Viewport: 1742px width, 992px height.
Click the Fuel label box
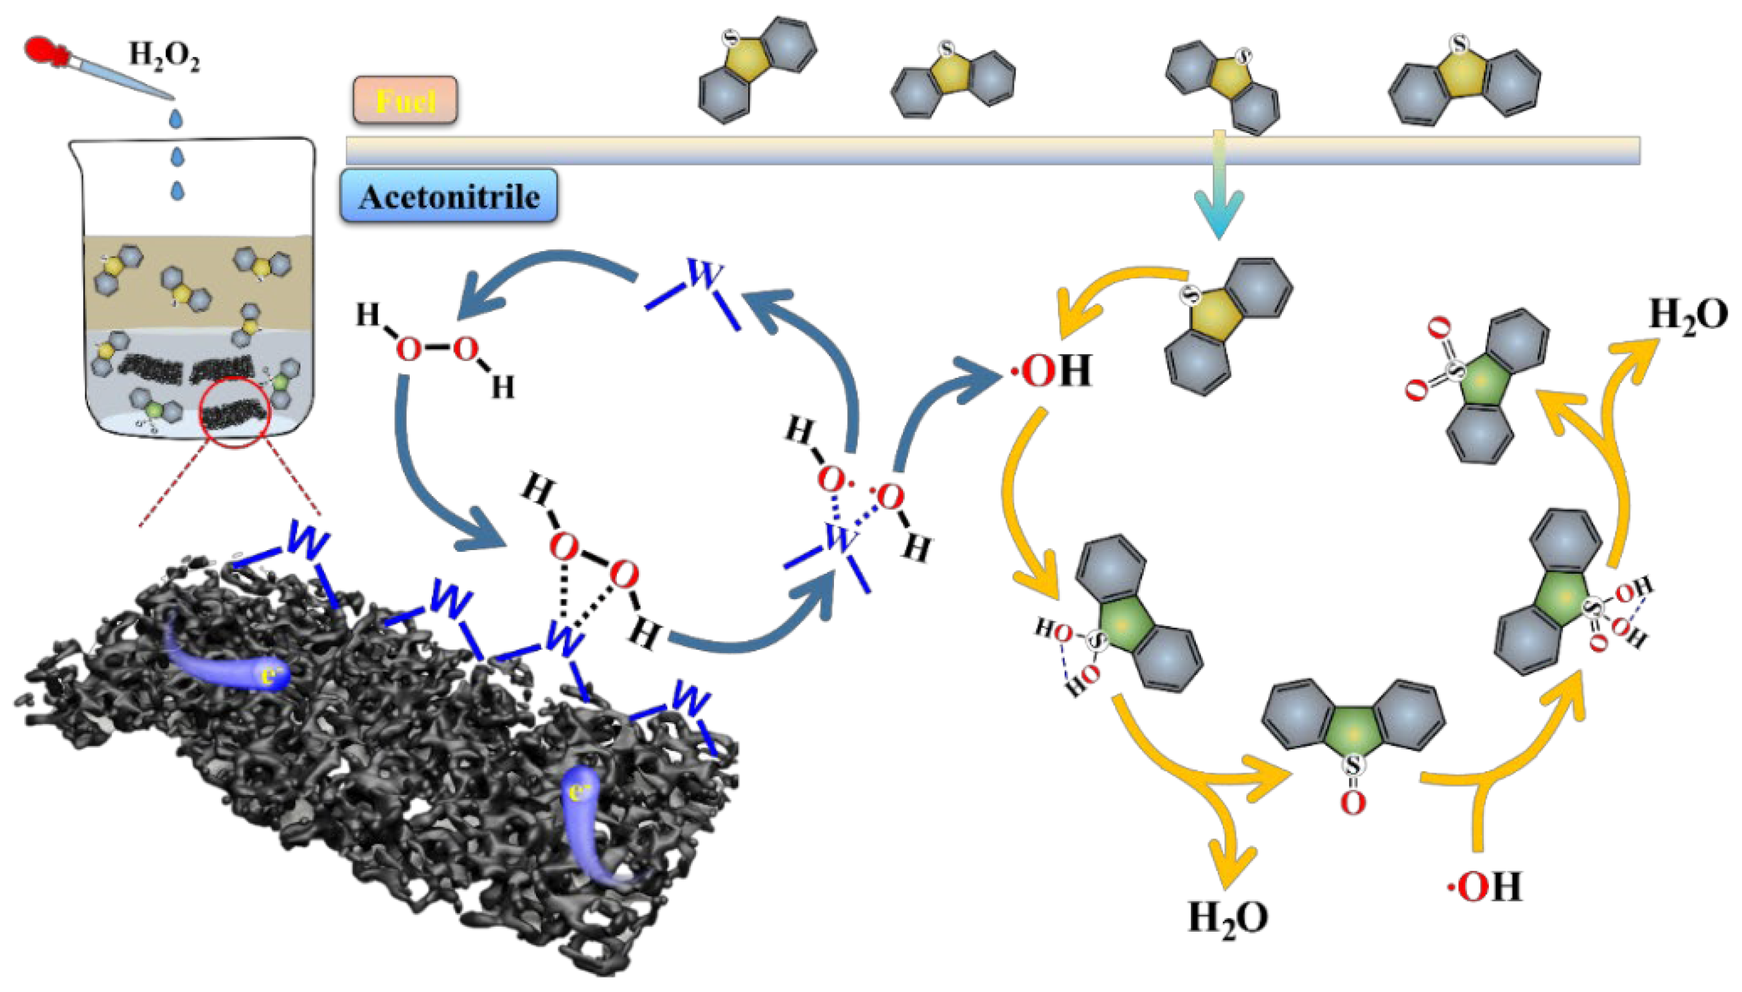[405, 101]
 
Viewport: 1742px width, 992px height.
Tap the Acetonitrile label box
[448, 197]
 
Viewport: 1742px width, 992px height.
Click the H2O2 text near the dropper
[164, 55]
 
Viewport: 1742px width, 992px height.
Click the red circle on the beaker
[234, 411]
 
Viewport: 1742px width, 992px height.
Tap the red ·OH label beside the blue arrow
[1050, 372]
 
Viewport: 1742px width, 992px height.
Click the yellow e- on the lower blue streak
[579, 792]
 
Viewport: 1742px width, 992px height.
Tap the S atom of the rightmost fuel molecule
[1458, 45]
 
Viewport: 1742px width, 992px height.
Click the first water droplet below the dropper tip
[177, 118]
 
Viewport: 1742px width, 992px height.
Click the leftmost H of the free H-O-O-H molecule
[368, 316]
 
